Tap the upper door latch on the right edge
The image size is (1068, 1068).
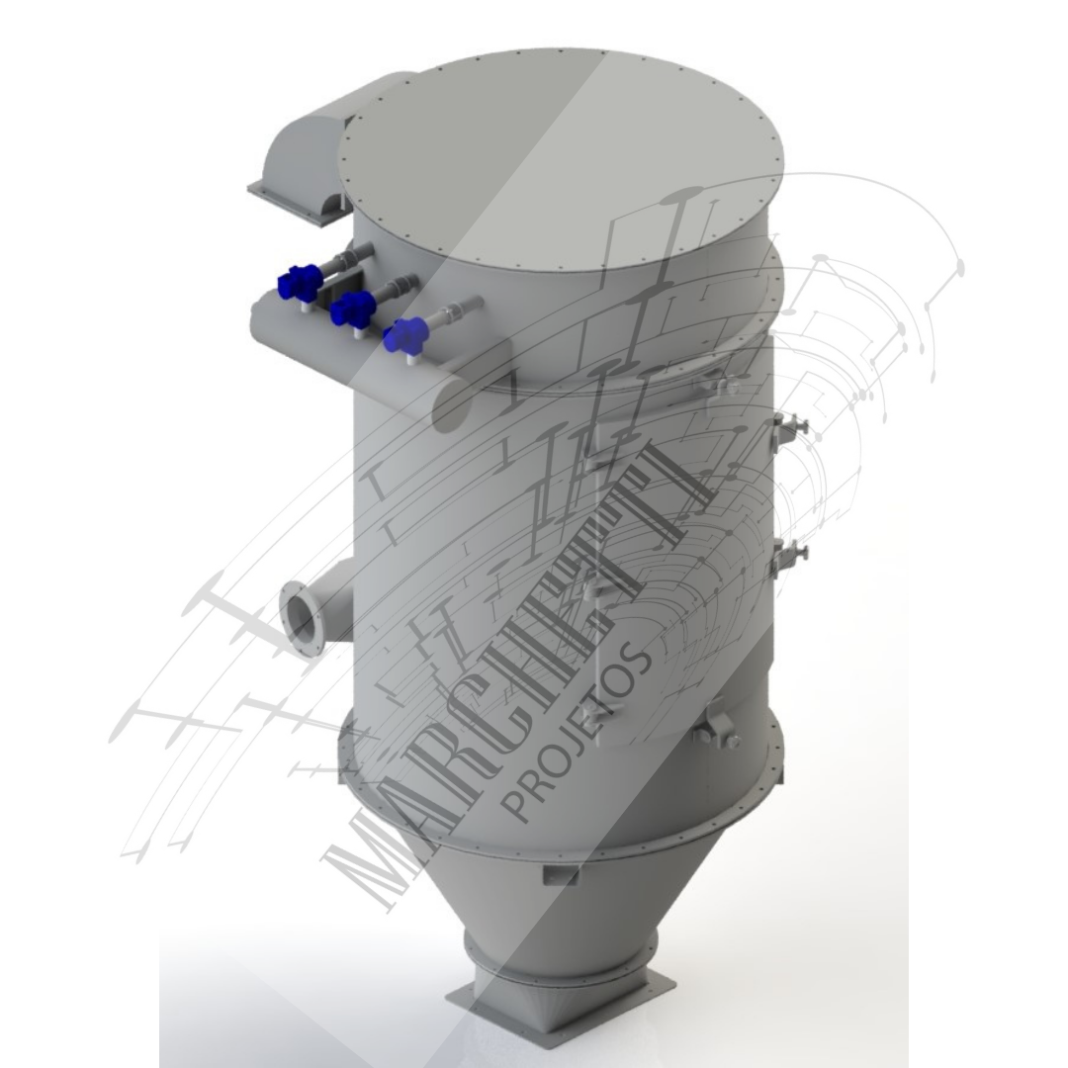pos(788,428)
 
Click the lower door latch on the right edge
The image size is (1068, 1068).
pos(788,553)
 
